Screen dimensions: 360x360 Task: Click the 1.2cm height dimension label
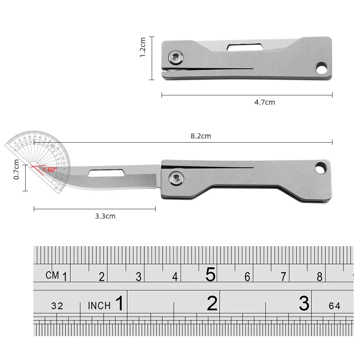[x=143, y=47]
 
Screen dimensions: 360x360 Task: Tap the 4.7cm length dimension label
[x=265, y=102]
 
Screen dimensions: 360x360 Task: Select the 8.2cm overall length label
[x=201, y=136]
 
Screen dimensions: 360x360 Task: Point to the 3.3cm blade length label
[x=105, y=216]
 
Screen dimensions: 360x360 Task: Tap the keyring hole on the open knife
[x=322, y=168]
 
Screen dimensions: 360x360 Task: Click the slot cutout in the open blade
[x=107, y=172]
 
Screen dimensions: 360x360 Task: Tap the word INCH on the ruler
[x=99, y=306]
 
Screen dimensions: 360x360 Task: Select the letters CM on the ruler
[x=53, y=275]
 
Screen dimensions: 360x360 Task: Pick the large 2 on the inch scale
[x=212, y=304]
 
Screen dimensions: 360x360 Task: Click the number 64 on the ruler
[x=334, y=306]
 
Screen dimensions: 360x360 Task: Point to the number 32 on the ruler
[x=57, y=306]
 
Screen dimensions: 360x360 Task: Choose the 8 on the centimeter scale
[x=319, y=277]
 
